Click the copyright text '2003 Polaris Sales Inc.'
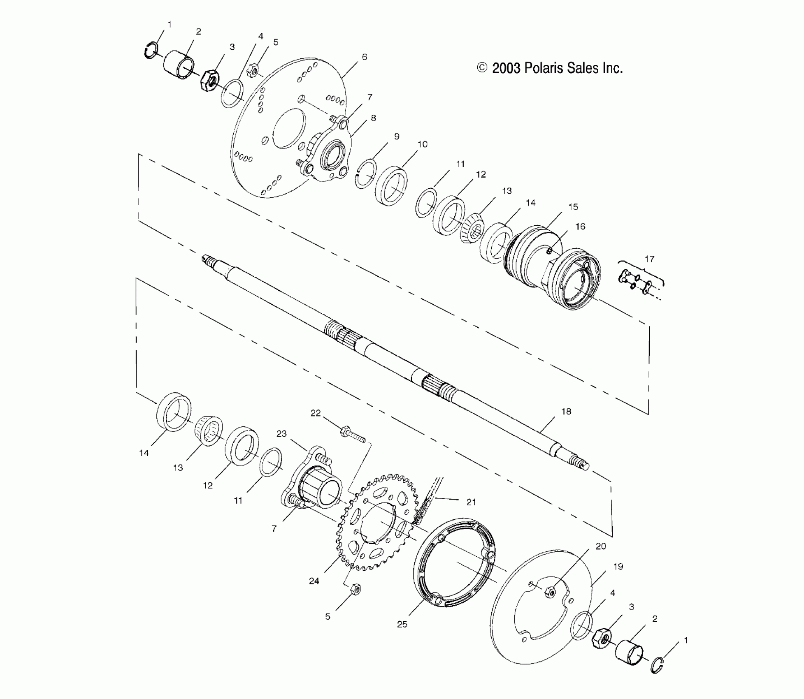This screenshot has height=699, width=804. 557,68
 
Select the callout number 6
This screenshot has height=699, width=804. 365,57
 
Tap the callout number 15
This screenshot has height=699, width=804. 573,207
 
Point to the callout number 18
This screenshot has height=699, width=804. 566,412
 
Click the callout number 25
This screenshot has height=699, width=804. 402,624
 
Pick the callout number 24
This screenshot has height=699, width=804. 314,581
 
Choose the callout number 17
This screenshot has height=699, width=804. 649,259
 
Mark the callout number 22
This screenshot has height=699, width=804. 316,413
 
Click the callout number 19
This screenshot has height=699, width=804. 618,567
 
